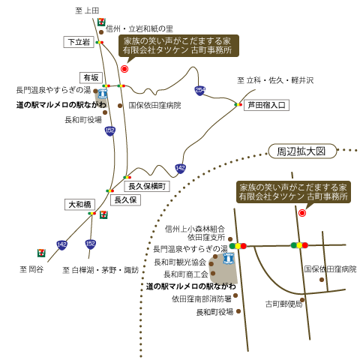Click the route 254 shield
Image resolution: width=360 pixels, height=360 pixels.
coord(200,90)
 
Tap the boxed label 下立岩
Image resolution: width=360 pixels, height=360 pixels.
coord(79,42)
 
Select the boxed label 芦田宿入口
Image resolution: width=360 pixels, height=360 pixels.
coord(266,105)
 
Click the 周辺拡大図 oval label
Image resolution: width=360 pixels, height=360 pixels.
coord(302,151)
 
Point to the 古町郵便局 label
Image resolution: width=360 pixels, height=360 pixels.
coord(283,304)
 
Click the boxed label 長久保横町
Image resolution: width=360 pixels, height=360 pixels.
coord(147,186)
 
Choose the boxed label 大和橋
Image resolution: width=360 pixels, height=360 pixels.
coord(79,205)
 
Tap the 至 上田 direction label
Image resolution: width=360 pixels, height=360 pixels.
coord(87,10)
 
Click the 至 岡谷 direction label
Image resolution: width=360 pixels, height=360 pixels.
coord(31,269)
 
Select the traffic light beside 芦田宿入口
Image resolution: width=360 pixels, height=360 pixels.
coord(238,104)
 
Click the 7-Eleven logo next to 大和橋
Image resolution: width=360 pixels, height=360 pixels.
coord(103,214)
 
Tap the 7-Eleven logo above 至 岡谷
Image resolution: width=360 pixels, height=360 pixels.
coord(41,253)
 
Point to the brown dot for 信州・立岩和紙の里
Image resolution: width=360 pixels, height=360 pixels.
coord(101,32)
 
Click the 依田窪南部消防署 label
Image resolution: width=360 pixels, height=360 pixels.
coord(202,298)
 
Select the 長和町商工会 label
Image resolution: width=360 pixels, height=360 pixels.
coord(186,274)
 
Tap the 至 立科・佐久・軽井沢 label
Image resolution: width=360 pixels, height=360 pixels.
coord(275,80)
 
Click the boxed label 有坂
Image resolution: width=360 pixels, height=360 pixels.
coord(91,78)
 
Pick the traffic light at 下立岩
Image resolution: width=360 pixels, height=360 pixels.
coord(100,42)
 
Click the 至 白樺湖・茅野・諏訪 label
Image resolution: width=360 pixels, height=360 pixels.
coord(100,270)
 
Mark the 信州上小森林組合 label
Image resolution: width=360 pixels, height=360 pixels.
coord(195,229)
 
